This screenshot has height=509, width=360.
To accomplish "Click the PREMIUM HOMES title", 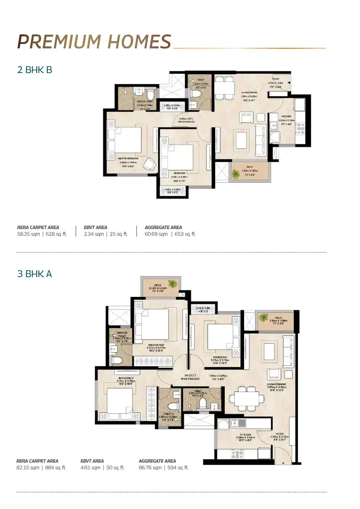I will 94,42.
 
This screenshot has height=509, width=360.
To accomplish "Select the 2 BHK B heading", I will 35,70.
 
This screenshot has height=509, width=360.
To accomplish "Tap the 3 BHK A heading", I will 35,274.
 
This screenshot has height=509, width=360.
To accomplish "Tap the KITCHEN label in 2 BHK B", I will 287,116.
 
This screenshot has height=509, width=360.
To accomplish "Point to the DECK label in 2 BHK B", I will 250,167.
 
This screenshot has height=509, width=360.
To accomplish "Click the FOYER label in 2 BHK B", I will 276,79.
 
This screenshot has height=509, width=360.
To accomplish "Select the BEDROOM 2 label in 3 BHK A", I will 126,378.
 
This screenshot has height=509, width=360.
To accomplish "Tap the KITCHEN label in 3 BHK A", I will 245,435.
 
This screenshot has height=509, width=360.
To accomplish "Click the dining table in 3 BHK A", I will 244,398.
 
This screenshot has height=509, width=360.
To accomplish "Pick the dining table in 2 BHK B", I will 224,88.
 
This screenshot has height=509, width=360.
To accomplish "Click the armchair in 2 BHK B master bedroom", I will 150,163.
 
